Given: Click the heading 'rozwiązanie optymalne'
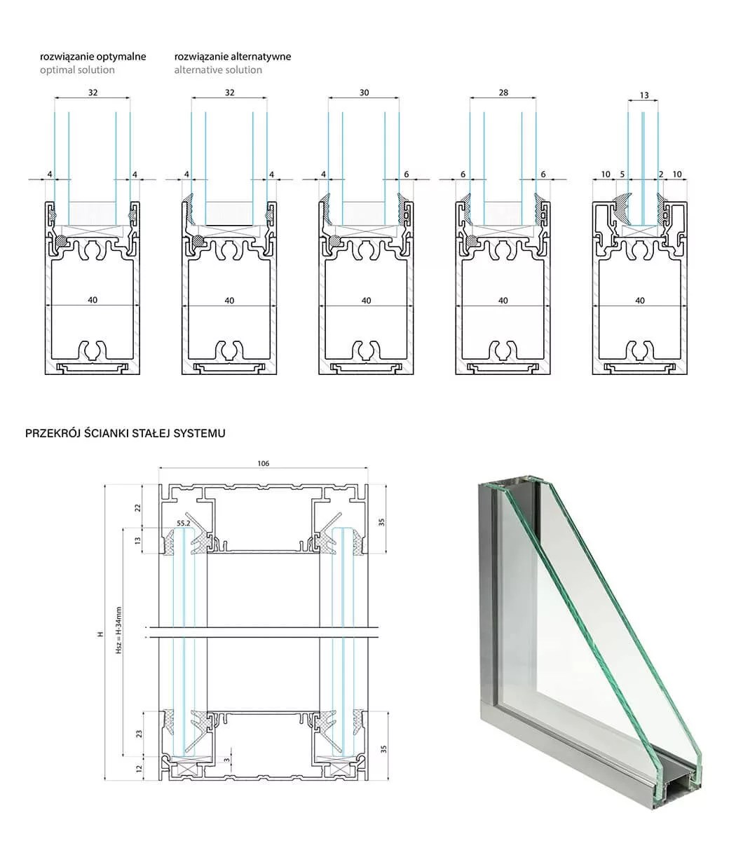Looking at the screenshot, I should click(x=93, y=56).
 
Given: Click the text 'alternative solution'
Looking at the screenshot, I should click(x=218, y=70).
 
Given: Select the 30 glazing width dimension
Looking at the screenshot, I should click(x=364, y=93).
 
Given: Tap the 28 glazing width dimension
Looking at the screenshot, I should click(x=503, y=93).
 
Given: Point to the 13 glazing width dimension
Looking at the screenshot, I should click(x=644, y=95).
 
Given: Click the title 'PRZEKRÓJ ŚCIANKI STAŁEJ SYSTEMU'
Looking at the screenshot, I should click(x=125, y=433).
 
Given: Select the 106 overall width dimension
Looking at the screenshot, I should click(x=264, y=463).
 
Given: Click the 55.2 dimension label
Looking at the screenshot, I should click(x=184, y=523).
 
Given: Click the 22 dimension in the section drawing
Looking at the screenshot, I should click(x=138, y=507).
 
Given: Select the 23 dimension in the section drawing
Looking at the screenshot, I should click(x=138, y=734).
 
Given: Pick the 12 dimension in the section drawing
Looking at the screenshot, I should click(x=138, y=768).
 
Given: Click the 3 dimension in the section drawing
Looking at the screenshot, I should click(x=226, y=759).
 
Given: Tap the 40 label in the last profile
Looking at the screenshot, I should click(x=639, y=301).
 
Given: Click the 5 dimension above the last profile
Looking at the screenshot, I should click(x=622, y=174).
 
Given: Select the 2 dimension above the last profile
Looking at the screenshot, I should click(x=661, y=174).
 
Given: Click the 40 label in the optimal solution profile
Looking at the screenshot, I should click(x=93, y=301).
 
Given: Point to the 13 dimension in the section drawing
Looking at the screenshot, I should click(x=138, y=540).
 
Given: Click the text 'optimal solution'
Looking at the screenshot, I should click(x=77, y=70).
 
